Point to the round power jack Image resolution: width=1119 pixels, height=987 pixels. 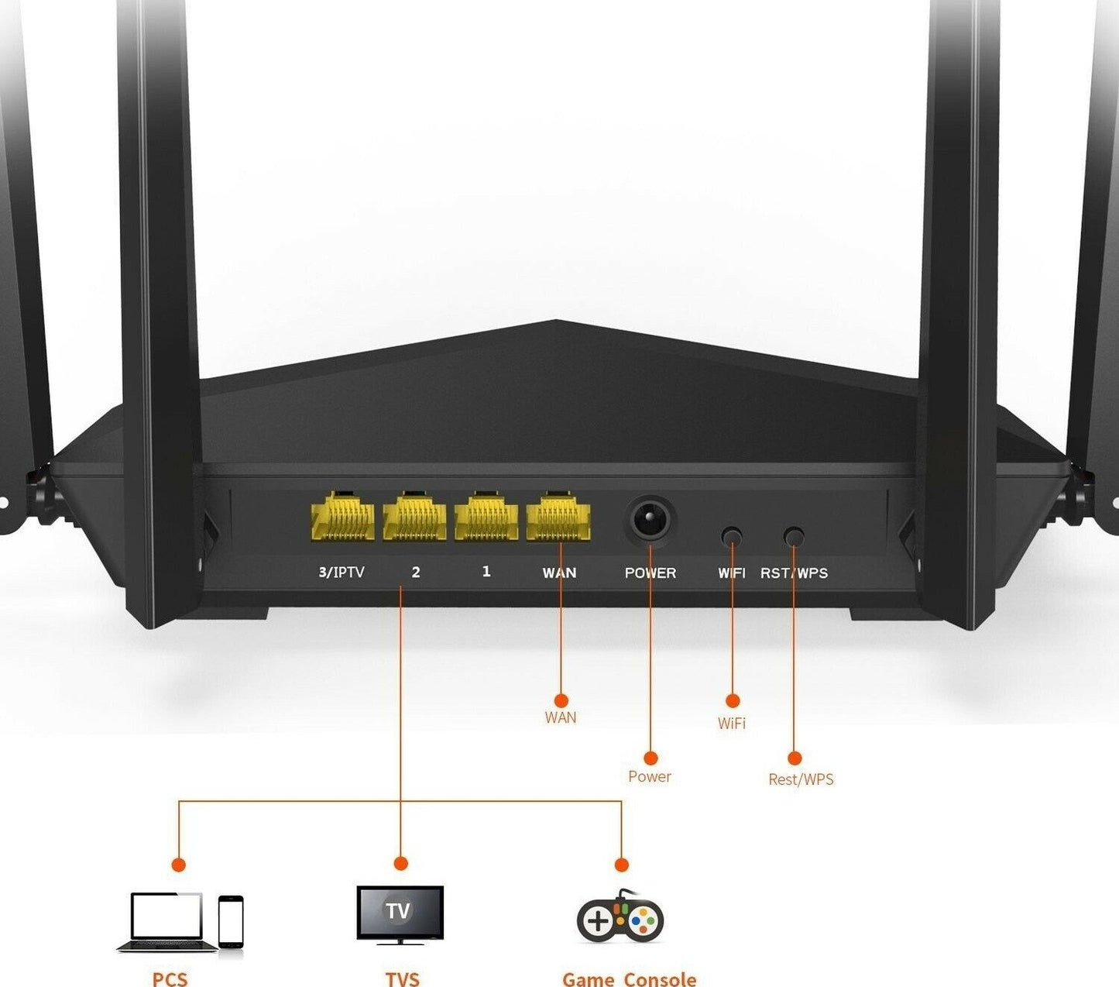[x=649, y=519]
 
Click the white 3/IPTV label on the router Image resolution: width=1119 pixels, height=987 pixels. [x=342, y=573]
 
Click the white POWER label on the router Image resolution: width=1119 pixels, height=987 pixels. [x=650, y=573]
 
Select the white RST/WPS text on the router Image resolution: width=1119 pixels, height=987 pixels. [x=794, y=573]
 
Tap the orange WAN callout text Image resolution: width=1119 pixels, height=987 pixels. [x=561, y=718]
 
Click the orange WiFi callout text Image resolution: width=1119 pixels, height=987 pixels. [x=732, y=724]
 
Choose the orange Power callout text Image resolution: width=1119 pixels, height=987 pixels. [x=650, y=777]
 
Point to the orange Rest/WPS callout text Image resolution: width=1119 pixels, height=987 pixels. [x=801, y=779]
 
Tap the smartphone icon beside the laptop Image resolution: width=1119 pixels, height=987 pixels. [x=231, y=921]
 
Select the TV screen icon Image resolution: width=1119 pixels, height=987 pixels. [x=400, y=913]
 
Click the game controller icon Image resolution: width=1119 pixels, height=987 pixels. [x=620, y=918]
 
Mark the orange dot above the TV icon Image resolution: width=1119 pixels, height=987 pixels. [x=400, y=864]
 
